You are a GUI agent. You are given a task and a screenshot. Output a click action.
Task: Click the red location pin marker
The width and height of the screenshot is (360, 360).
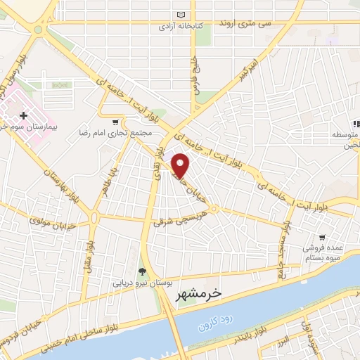(x=181, y=166)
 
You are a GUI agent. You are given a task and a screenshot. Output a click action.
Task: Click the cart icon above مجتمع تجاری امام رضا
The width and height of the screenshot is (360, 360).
(x=115, y=122)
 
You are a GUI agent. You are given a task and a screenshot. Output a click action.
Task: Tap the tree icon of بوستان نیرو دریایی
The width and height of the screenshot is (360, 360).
(x=143, y=271)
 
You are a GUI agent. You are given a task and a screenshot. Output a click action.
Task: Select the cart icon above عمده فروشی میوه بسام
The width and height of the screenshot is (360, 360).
(x=322, y=238)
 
